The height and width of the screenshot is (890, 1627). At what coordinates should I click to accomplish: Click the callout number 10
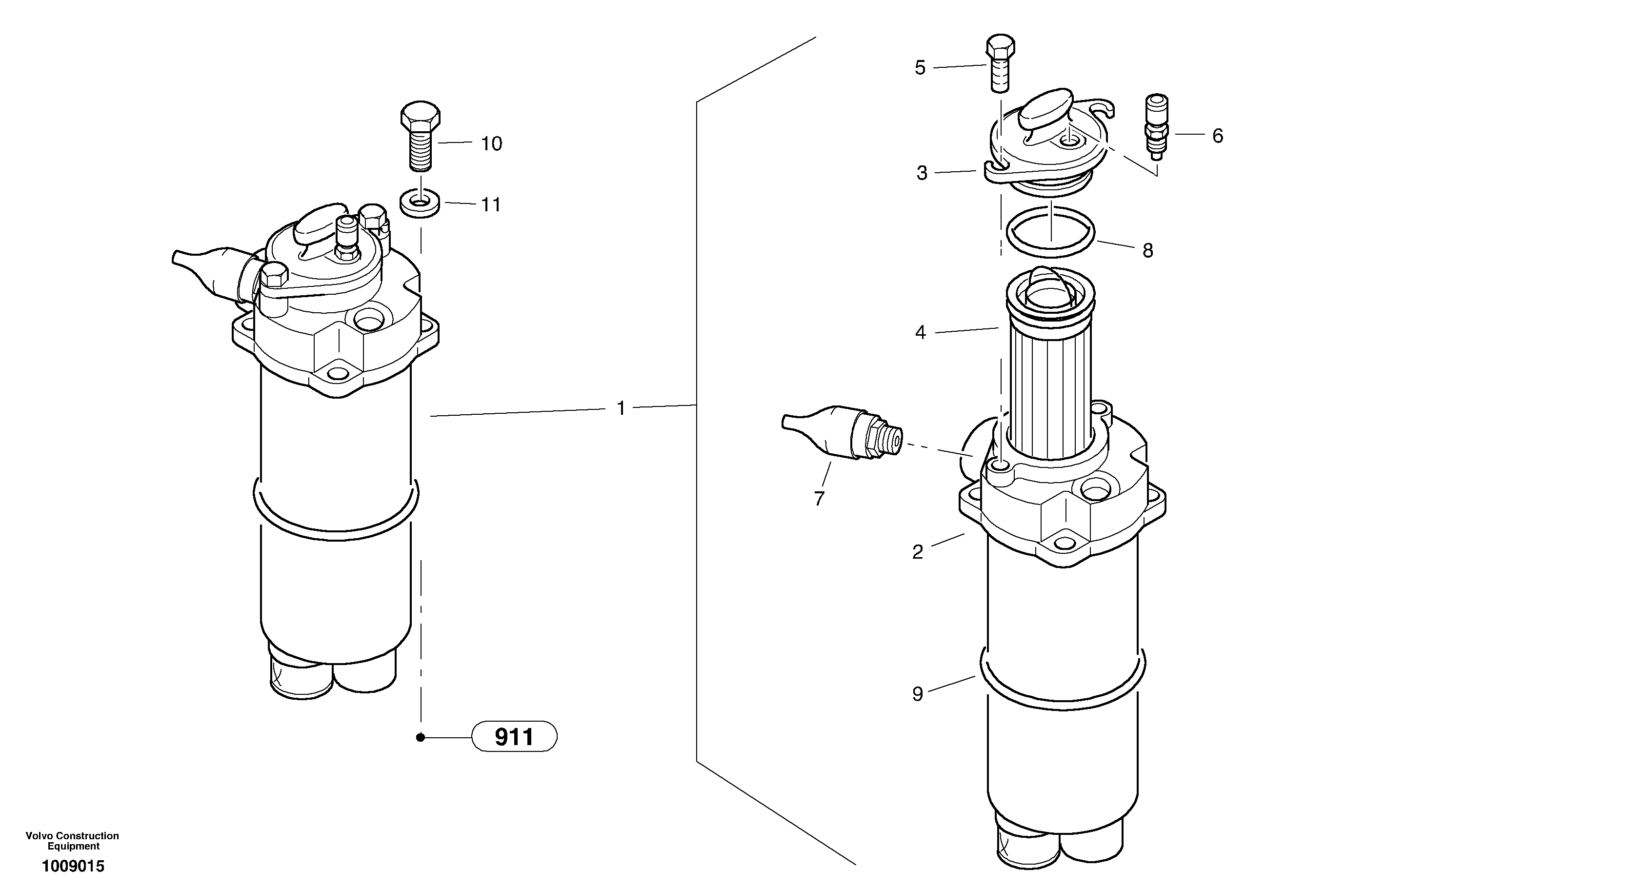pos(491,144)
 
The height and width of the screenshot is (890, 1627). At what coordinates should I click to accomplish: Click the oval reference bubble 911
pos(514,736)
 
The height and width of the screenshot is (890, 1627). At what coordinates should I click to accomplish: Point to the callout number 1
pos(621,409)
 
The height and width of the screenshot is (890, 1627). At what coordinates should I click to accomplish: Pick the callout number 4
pos(920,333)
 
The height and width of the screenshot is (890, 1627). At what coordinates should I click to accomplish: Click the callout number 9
pos(918,694)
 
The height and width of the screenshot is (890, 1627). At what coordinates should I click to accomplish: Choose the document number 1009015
pos(73,866)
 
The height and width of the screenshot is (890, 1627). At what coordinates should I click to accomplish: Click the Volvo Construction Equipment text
pos(72,841)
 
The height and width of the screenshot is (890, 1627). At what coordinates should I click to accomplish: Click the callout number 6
pos(1218,136)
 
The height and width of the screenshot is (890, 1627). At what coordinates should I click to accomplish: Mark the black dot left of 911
pos(420,737)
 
